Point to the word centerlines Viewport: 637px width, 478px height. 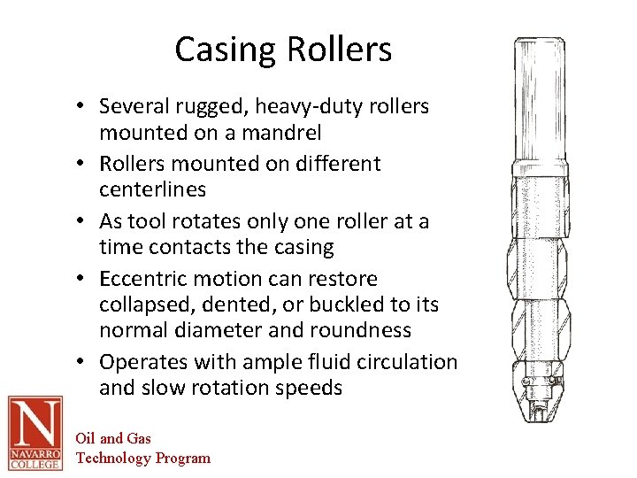(152, 189)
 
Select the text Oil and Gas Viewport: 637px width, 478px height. (113, 438)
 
